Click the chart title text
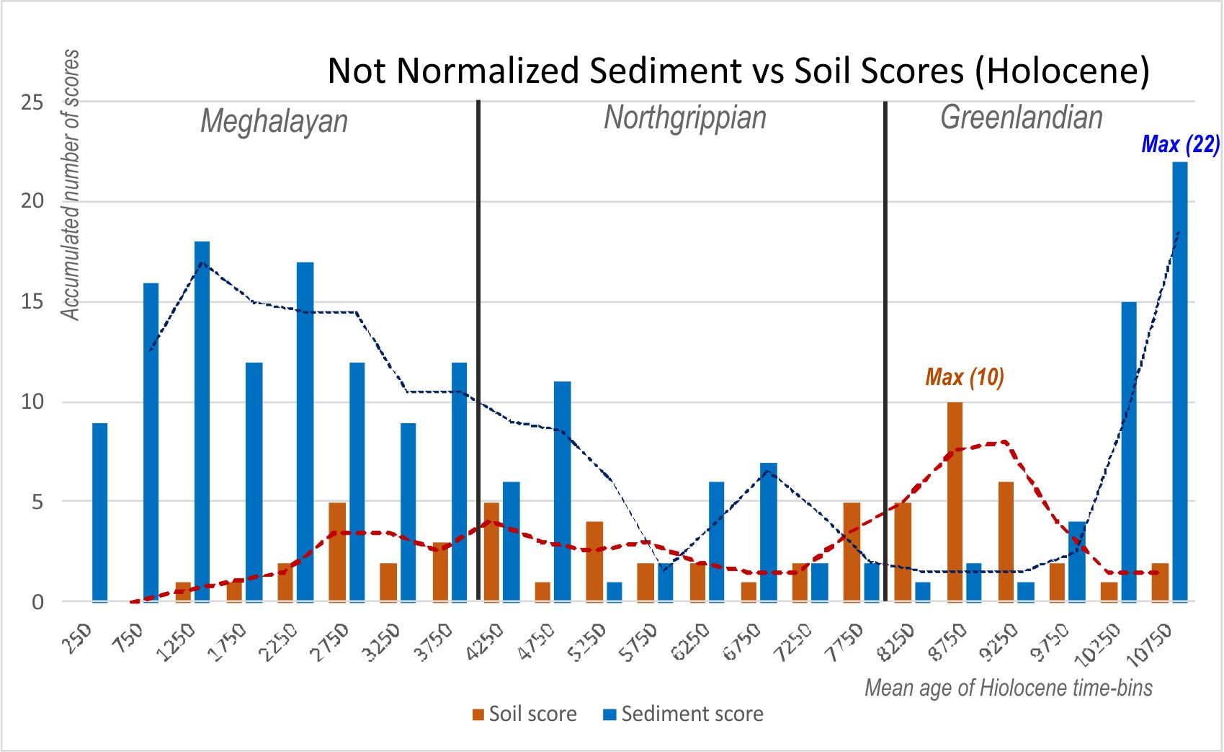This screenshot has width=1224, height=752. click(x=738, y=71)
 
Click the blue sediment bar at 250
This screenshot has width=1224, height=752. click(x=100, y=512)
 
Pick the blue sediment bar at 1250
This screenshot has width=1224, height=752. click(x=202, y=421)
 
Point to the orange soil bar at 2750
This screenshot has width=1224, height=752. click(x=337, y=552)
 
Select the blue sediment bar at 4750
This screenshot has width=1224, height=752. click(x=563, y=491)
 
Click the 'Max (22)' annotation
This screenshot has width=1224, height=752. click(x=1180, y=144)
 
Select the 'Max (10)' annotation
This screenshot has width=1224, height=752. click(x=965, y=377)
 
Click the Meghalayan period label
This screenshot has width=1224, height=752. click(x=274, y=121)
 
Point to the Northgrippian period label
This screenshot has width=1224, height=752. click(x=684, y=118)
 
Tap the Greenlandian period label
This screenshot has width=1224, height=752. click(x=1021, y=118)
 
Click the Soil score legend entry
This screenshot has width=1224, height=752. click(x=524, y=714)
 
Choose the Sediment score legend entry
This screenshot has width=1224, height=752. click(x=683, y=714)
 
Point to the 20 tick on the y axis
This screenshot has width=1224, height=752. click(x=32, y=201)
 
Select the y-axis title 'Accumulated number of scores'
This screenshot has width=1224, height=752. click(x=70, y=185)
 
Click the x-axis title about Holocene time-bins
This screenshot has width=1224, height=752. click(x=1008, y=688)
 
